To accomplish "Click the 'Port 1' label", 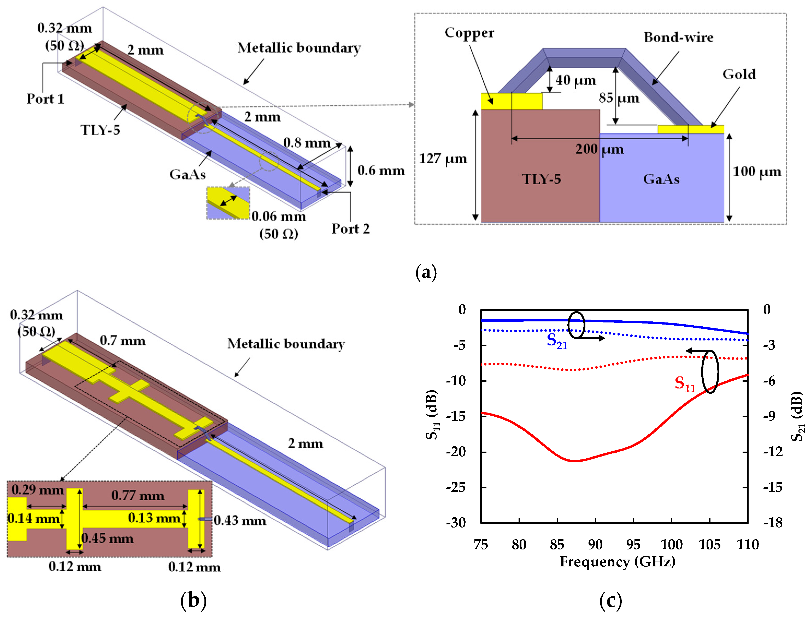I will coord(45,99).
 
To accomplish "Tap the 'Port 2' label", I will coord(350,229).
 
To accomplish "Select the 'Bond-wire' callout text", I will coord(678,38).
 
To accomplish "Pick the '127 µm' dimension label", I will coord(443,159).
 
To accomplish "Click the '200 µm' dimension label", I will coord(599,149).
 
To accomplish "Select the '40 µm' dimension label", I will coord(575,80).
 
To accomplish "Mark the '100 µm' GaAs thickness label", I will coord(757,171).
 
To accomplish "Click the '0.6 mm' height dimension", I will coord(381,170).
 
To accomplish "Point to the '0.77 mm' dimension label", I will coord(138,496).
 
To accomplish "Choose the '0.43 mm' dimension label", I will coord(240,520).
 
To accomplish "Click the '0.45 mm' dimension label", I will coord(107,538).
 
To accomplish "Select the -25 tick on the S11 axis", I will coord(456,487).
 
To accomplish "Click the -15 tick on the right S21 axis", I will coord(773,487).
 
